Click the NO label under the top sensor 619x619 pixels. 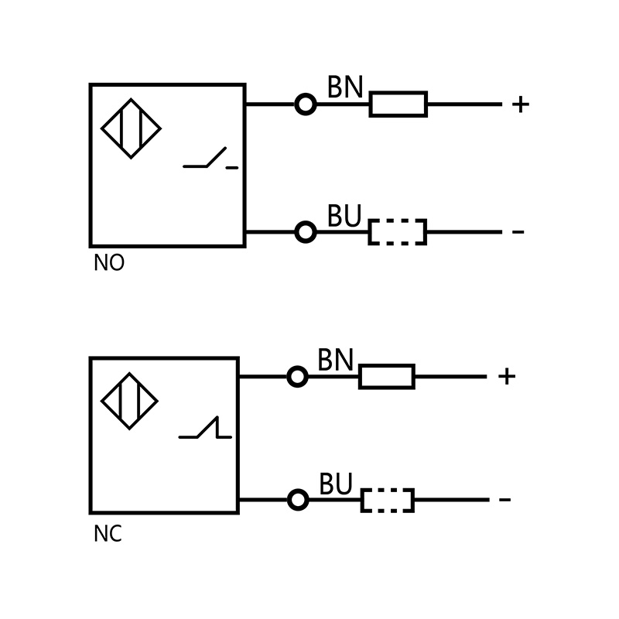(108, 263)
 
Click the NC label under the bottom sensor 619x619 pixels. (108, 535)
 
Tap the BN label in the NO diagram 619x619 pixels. (345, 87)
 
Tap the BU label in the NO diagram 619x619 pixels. (344, 217)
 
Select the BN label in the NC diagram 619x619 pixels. (335, 361)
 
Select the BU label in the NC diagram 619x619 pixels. (336, 485)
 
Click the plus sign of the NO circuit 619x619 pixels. (520, 104)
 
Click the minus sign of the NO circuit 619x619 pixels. (518, 232)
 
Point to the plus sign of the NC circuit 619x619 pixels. (507, 377)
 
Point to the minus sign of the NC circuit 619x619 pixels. (504, 500)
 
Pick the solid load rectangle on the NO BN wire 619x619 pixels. (398, 104)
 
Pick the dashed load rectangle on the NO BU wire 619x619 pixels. (397, 232)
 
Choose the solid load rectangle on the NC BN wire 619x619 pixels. (387, 377)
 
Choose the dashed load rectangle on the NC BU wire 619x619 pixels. (387, 501)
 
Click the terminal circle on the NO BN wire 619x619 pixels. (306, 104)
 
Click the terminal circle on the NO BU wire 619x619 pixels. (306, 232)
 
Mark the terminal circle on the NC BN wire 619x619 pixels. (297, 377)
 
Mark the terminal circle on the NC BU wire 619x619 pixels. (298, 500)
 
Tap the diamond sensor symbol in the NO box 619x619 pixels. (131, 128)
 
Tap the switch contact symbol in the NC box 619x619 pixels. (206, 429)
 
